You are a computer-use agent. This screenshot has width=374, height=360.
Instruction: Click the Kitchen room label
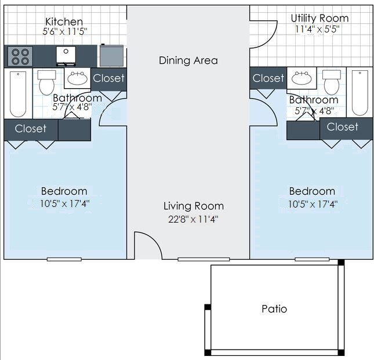(64, 21)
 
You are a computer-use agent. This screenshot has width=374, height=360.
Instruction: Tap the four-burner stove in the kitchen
(20, 56)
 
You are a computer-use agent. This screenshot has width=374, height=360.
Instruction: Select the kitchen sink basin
(66, 56)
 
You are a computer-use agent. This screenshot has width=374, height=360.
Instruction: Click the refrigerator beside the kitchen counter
(111, 56)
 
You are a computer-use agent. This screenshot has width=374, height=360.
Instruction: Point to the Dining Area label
(188, 60)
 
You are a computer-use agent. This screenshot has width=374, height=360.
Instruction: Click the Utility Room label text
(319, 19)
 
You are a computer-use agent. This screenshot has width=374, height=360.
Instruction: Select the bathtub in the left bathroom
(18, 94)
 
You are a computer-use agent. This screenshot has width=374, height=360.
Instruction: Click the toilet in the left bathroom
(47, 82)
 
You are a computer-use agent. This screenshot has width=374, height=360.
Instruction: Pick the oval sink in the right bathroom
(302, 78)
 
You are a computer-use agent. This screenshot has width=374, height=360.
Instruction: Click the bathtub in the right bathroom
(360, 93)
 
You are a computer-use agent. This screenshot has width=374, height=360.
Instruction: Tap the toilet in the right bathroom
(331, 82)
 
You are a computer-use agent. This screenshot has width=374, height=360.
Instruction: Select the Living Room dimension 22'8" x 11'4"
(193, 219)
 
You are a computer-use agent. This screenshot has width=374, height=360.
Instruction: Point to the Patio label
(274, 309)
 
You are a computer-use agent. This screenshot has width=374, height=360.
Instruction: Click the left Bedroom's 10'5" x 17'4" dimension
(64, 204)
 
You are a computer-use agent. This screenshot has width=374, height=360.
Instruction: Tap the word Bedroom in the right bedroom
(312, 191)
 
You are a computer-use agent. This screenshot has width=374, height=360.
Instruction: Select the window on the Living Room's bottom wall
(204, 259)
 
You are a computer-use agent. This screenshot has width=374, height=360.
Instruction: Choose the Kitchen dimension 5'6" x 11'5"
(65, 32)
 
